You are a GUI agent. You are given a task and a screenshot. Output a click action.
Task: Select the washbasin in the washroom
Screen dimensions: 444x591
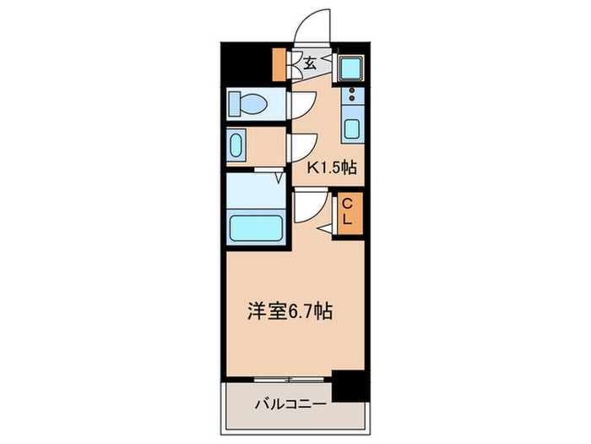236,145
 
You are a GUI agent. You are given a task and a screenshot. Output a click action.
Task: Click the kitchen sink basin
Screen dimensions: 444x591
351,131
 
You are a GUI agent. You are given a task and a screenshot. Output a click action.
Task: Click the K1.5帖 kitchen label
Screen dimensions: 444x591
331,167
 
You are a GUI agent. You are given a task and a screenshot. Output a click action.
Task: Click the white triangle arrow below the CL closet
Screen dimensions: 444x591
324,228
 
